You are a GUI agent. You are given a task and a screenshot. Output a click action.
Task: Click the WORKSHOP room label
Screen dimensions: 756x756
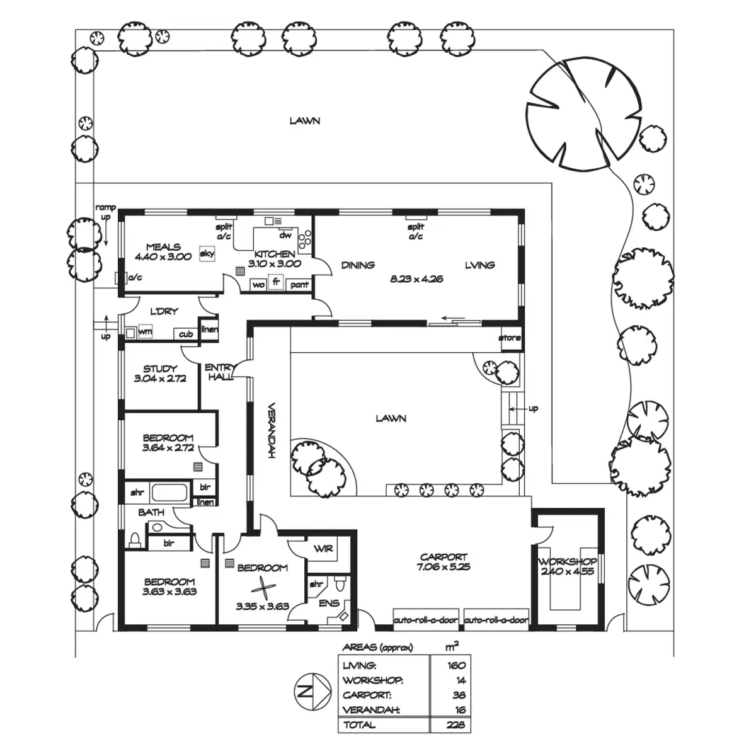tap(568, 561)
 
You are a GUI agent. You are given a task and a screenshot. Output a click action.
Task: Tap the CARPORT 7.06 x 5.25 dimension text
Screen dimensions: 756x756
tap(444, 566)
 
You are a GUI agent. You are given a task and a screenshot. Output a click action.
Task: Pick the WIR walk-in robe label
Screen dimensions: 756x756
tap(323, 549)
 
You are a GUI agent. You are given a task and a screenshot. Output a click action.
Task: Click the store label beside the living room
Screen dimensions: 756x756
tap(510, 338)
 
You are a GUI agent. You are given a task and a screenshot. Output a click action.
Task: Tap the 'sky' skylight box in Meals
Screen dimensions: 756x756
tap(207, 254)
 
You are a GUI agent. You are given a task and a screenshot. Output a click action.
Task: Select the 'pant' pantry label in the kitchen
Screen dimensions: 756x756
tap(299, 285)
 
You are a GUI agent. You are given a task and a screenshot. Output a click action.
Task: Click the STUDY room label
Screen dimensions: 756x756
tap(160, 369)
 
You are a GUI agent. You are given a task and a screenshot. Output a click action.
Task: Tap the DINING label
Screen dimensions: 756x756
tap(358, 265)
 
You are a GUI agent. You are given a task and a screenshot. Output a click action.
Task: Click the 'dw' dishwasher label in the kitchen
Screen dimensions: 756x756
tap(285, 235)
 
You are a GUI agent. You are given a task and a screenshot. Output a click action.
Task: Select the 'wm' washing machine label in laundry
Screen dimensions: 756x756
tap(146, 331)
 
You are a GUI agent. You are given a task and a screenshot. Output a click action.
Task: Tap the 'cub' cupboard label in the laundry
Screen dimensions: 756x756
tap(186, 334)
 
